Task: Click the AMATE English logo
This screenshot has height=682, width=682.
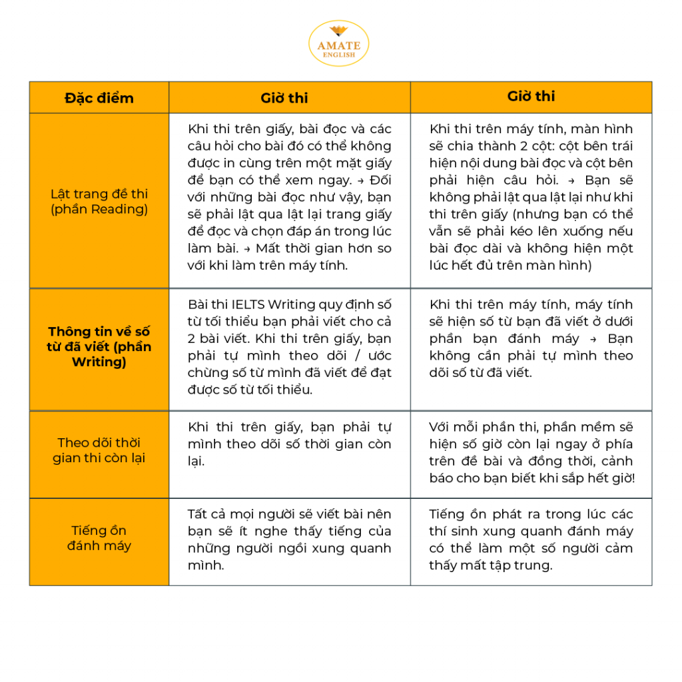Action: (338, 43)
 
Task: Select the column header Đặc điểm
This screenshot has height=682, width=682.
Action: (99, 98)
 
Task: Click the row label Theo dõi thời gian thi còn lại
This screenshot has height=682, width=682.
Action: (99, 450)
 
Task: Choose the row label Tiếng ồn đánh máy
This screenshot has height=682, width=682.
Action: (99, 538)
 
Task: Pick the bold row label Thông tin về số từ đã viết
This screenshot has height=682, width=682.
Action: (99, 346)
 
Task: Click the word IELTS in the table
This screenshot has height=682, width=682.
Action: (248, 305)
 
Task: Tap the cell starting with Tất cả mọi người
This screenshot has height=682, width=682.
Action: (289, 539)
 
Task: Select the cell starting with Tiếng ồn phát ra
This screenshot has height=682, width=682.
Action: (531, 539)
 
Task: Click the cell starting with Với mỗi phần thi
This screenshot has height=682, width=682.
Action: (531, 452)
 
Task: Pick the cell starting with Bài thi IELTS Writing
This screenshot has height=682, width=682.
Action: (289, 346)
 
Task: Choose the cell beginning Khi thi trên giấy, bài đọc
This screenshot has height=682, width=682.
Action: (289, 197)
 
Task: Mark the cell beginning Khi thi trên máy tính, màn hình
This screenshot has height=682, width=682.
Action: (531, 197)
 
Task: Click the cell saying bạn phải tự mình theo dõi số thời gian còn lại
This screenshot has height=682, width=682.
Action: (289, 444)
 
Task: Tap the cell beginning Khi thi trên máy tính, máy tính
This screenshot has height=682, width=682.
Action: (531, 338)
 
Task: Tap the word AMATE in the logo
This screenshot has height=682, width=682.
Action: (338, 46)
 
